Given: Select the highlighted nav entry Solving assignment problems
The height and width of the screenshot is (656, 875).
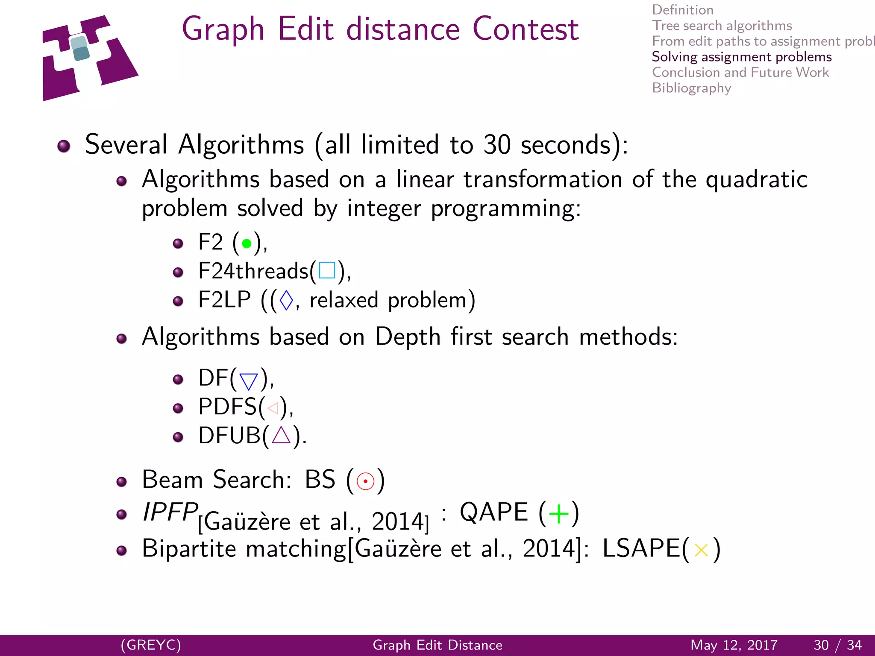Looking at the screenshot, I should (742, 57).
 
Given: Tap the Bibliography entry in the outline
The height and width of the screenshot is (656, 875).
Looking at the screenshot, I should (691, 88).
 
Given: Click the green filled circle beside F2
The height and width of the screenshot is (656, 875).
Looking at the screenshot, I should (247, 243).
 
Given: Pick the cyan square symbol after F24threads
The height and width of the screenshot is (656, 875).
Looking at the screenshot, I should (327, 270).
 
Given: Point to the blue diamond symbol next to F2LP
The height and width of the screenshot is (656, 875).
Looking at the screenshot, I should (286, 300).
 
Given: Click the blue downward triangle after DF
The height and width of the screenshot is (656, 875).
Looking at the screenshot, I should (249, 381).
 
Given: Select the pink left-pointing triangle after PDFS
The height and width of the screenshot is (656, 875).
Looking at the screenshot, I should (273, 408).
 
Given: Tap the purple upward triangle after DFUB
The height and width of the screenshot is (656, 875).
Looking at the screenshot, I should (281, 436).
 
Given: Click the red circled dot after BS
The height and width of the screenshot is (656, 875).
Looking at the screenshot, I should (365, 481).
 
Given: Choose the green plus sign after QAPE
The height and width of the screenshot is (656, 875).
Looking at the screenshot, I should (559, 513).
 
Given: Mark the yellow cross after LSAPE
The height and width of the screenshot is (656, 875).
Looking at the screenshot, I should (701, 550).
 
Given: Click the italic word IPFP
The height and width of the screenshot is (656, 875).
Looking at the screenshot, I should (170, 512).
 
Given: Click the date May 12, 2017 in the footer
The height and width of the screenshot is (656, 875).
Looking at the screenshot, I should (734, 645).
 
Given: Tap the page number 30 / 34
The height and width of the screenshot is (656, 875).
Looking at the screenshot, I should (837, 645).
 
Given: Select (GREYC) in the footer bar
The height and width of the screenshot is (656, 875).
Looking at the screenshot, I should (151, 645).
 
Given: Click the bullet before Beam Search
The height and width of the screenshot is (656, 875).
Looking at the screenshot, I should (122, 482).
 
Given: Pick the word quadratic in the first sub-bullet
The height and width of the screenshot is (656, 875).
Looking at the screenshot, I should (757, 179).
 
